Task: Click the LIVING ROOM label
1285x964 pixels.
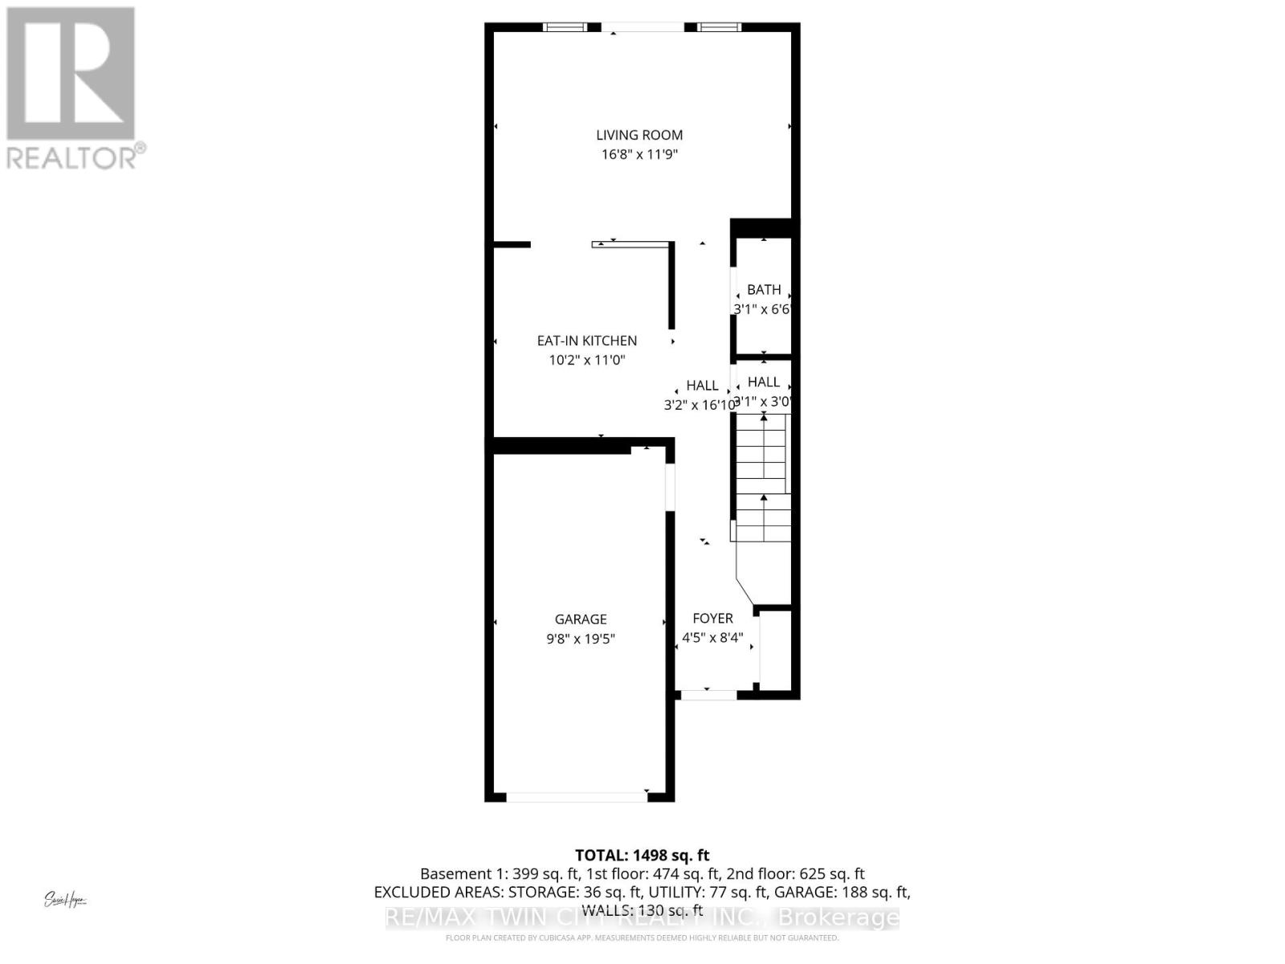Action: click(639, 135)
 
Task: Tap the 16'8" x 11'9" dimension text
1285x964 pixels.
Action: click(639, 154)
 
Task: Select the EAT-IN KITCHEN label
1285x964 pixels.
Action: click(586, 341)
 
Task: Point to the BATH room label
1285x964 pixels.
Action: click(764, 289)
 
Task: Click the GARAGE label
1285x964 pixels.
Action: click(581, 619)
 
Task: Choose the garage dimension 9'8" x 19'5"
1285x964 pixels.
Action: click(581, 639)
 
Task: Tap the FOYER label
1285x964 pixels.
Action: click(712, 618)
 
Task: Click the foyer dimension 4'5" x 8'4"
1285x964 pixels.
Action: click(712, 638)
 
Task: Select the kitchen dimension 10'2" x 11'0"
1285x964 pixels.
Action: click(586, 360)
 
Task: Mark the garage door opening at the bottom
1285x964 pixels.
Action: click(577, 797)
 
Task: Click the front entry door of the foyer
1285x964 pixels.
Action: click(707, 694)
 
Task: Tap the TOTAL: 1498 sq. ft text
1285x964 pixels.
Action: click(642, 856)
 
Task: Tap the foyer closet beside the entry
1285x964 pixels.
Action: click(776, 649)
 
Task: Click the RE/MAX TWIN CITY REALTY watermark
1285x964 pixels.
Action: click(642, 917)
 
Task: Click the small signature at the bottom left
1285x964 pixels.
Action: click(65, 900)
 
